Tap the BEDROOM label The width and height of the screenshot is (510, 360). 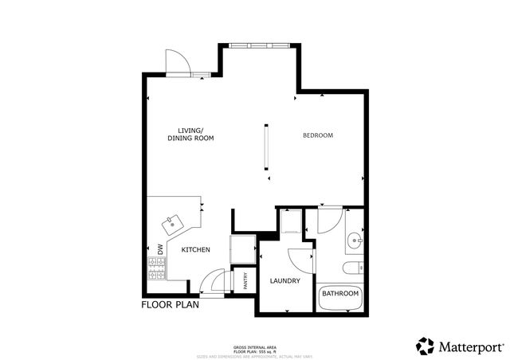click(318, 135)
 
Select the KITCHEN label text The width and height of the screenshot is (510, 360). click(195, 250)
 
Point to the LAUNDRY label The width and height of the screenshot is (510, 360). click(284, 281)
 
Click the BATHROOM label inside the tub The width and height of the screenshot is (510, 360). click(340, 295)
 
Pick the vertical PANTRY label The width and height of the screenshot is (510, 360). click(245, 281)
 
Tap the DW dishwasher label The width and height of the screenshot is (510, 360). click(159, 249)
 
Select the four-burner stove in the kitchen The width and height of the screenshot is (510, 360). click(154, 270)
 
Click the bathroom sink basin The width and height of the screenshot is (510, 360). click(356, 238)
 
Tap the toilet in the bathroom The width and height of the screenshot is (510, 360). click(352, 267)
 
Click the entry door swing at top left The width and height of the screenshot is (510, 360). click(176, 62)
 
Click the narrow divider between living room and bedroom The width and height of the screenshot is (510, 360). click(268, 146)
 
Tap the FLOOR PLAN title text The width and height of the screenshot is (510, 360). click(171, 305)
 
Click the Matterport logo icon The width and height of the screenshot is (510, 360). click(425, 346)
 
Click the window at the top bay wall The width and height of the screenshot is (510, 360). click(261, 46)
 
